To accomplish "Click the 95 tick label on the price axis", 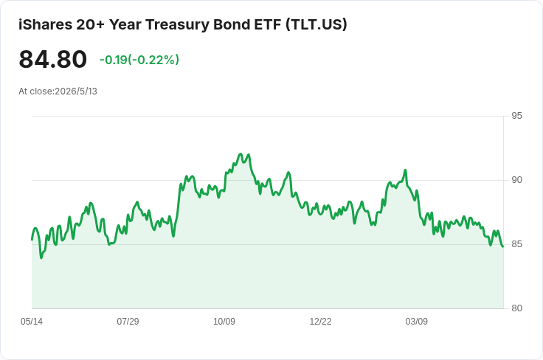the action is [x=516, y=116].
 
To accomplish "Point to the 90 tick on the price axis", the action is [x=516, y=180].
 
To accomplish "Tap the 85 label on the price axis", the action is [x=516, y=244].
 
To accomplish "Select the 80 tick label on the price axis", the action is [x=516, y=308].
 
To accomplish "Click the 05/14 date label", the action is [x=32, y=322].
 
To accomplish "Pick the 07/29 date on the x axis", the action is [x=128, y=322].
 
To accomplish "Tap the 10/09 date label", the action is [x=224, y=322].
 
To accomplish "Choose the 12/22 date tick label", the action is [x=320, y=322].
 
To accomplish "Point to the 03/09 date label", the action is [x=417, y=322].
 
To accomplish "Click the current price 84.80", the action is [x=52, y=60].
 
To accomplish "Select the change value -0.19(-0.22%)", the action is [x=139, y=60].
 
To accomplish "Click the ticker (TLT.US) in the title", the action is [x=317, y=24].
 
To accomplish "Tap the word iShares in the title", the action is [x=45, y=24].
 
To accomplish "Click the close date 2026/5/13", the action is [x=76, y=91].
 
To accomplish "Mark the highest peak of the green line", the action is [x=241, y=153].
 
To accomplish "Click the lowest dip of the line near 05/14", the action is [x=41, y=257].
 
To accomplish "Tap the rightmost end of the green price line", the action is [x=503, y=246].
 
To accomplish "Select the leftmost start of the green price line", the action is [x=32, y=240].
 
